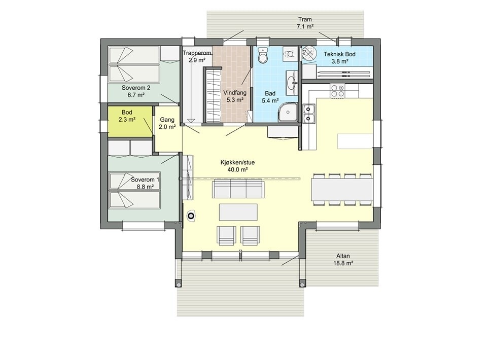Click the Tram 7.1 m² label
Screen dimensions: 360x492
click(x=304, y=23)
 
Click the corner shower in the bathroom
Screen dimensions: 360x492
click(x=288, y=112)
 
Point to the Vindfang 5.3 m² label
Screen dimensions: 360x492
click(x=234, y=96)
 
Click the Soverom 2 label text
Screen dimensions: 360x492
click(x=133, y=91)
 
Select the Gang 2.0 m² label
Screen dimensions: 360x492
click(x=167, y=123)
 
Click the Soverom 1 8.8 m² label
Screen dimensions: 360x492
click(x=145, y=183)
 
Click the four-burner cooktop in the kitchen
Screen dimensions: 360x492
click(x=338, y=91)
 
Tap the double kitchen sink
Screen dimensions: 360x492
click(x=309, y=114)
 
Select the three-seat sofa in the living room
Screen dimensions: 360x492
click(x=237, y=189)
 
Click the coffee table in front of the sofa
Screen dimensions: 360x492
click(x=238, y=211)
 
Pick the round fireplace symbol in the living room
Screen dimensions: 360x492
click(x=191, y=217)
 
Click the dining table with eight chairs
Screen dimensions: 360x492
click(x=342, y=190)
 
